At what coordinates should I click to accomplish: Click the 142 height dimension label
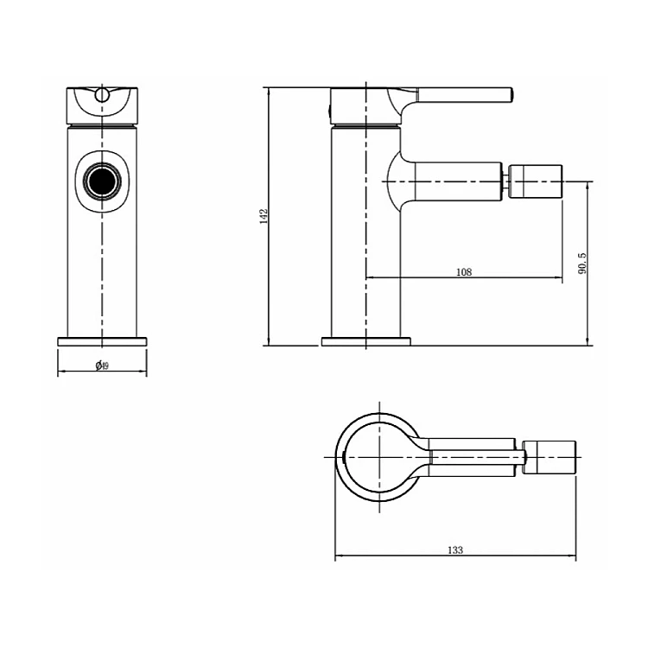coord(264,216)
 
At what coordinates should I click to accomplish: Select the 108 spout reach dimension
coord(464,272)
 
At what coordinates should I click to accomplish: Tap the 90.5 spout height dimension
coord(582,264)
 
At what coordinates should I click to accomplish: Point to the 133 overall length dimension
coord(455,550)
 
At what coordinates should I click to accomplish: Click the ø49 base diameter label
coord(102,365)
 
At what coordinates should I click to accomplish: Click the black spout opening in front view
coord(102,181)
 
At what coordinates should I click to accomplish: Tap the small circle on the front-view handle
coord(102,95)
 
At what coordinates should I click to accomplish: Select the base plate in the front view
coord(102,341)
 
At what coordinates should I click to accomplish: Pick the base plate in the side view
coord(366,341)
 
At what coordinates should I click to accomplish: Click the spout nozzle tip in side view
coord(536,181)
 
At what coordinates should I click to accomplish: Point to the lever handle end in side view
coord(511,94)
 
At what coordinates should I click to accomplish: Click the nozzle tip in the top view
coord(550,457)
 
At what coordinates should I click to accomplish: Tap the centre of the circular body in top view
coord(379,457)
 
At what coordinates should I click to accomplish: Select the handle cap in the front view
coord(102,105)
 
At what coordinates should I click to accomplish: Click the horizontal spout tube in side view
coord(457,181)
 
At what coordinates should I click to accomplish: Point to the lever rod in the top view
coord(477,457)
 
